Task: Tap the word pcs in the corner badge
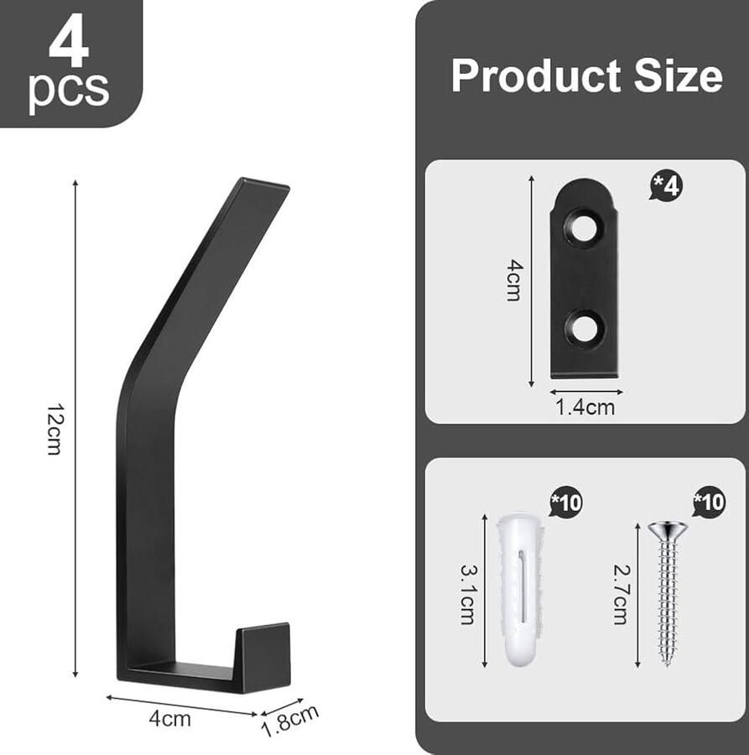(x=69, y=90)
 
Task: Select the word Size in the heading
(x=679, y=75)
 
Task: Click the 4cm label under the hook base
(x=169, y=719)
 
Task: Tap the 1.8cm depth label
(x=289, y=721)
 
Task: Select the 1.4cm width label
(x=585, y=408)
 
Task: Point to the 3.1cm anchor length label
(x=467, y=594)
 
